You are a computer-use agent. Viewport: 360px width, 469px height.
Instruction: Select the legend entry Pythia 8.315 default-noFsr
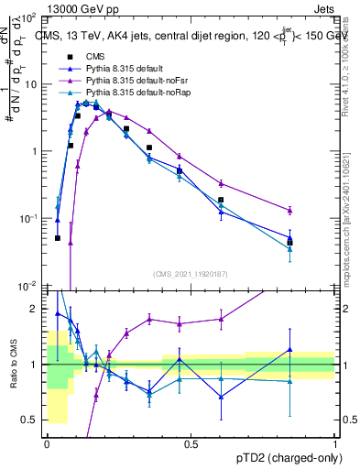pyautogui.click(x=134, y=82)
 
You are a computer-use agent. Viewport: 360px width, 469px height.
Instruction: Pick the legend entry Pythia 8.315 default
pyautogui.click(x=124, y=70)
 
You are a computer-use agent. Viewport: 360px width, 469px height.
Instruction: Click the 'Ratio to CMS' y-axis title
pyautogui.click(x=13, y=379)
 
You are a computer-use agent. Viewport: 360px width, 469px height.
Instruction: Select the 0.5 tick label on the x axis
pyautogui.click(x=191, y=444)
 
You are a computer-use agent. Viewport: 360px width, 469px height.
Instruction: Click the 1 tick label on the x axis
pyautogui.click(x=335, y=444)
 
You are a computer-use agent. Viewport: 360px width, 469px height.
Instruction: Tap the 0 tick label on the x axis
pyautogui.click(x=47, y=444)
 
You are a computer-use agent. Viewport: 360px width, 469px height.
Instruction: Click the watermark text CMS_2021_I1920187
pyautogui.click(x=191, y=274)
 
